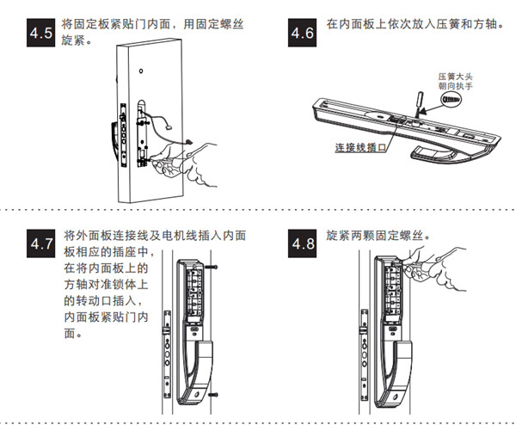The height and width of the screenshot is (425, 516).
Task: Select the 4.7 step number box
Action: [x=40, y=243]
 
